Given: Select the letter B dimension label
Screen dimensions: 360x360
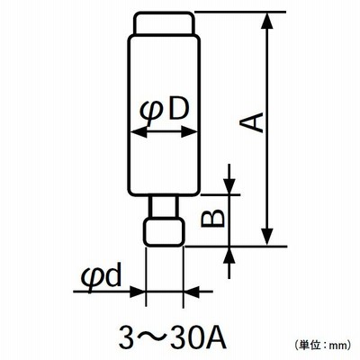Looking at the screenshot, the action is (212, 218).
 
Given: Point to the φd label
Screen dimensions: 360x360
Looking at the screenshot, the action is (101, 274).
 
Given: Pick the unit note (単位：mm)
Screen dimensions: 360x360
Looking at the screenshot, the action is (322, 345).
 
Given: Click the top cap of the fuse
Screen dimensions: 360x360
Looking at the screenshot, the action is (164, 23).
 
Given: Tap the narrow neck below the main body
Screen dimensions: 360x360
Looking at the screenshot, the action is (165, 206).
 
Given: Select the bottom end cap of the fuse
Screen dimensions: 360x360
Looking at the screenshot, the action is (165, 232).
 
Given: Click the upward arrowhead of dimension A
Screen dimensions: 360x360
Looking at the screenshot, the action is (267, 21).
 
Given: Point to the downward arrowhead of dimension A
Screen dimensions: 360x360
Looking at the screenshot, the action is (267, 237).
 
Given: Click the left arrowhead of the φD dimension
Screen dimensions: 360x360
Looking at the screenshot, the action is (139, 131).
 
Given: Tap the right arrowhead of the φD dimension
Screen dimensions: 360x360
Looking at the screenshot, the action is (190, 131).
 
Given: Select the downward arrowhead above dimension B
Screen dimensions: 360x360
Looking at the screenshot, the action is (229, 186).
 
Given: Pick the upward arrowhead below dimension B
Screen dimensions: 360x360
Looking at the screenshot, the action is (229, 256).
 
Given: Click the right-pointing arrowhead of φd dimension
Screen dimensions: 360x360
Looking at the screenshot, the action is (137, 292).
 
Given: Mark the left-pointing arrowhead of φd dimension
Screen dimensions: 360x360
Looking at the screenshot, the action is (192, 292).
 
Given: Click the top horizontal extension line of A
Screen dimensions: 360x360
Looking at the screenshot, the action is (240, 12).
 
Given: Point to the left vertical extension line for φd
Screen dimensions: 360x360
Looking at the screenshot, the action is (146, 276).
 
